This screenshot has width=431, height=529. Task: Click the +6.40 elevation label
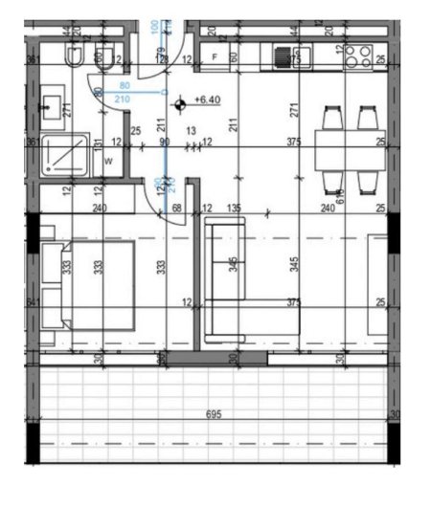pyautogui.click(x=208, y=99)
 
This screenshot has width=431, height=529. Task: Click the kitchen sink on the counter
pyautogui.click(x=284, y=57)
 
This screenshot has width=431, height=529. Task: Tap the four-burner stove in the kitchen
pyautogui.click(x=358, y=56)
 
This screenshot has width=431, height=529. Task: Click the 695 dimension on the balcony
pyautogui.click(x=215, y=415)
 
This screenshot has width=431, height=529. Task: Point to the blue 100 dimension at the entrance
pyautogui.click(x=157, y=26)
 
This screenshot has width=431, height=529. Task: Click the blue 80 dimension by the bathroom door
pyautogui.click(x=124, y=88)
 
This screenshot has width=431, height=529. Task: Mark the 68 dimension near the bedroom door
pyautogui.click(x=175, y=207)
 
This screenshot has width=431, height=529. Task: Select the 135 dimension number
pyautogui.click(x=232, y=207)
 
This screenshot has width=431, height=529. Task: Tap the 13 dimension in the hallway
pyautogui.click(x=192, y=131)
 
